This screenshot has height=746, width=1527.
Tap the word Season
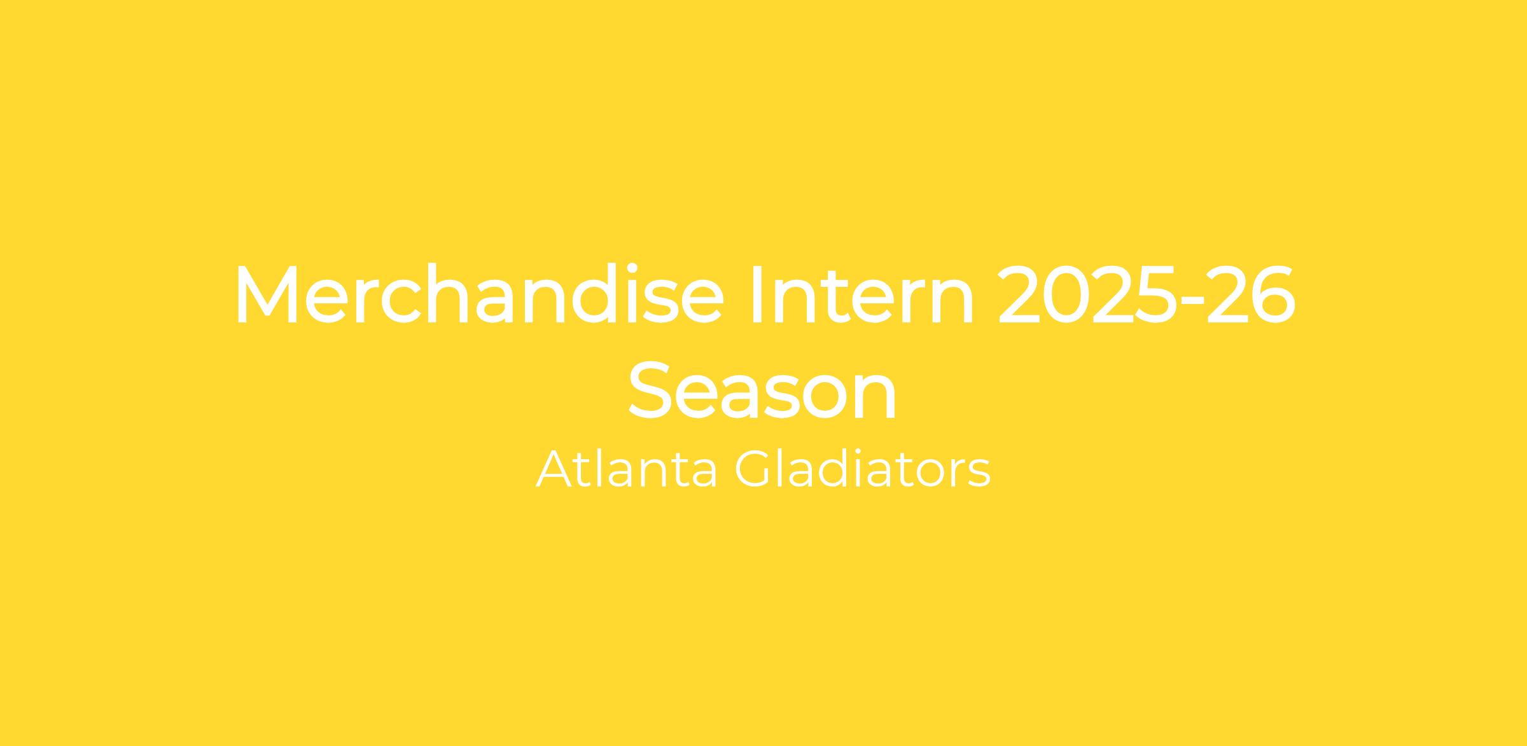(x=763, y=390)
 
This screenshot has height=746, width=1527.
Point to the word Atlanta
(x=627, y=469)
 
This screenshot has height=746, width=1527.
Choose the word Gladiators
(x=863, y=469)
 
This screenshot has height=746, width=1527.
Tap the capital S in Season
(x=649, y=390)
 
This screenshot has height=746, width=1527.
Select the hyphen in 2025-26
(x=1190, y=304)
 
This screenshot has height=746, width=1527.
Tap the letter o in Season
(x=817, y=397)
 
